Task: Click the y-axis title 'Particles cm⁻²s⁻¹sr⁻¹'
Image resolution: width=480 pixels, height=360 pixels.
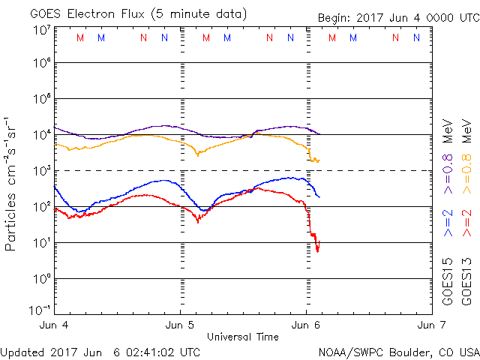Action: click(x=12, y=183)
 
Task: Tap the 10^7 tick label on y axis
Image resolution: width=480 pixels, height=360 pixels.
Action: click(x=42, y=31)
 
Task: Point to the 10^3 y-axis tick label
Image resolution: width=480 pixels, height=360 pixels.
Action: click(x=42, y=171)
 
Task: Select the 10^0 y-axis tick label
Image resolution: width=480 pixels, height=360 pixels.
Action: click(x=42, y=279)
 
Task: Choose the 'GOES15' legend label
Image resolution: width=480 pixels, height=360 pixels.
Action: click(x=448, y=280)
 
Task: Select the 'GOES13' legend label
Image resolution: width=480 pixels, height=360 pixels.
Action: click(x=467, y=280)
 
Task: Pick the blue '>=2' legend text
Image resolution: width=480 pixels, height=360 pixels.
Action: click(x=448, y=223)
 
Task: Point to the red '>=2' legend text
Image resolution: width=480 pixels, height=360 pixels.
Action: click(x=467, y=223)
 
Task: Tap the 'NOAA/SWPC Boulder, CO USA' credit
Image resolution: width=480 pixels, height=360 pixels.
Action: click(x=398, y=352)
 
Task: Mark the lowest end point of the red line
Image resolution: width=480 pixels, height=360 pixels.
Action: click(x=318, y=251)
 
